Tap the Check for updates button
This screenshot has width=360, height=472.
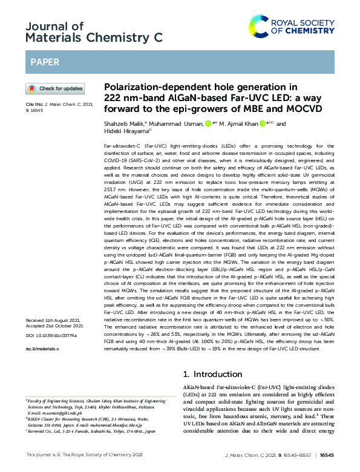[x=55, y=88]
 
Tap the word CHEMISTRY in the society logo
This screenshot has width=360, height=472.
[x=309, y=30]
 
